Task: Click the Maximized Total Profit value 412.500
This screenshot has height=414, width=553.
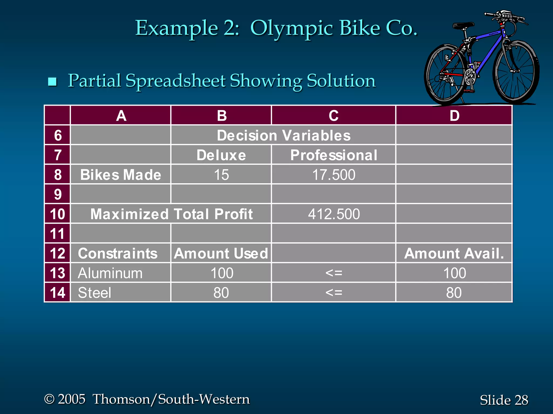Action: coord(334,214)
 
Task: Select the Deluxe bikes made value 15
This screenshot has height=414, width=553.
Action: coord(221,175)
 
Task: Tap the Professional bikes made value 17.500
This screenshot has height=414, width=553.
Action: coord(334,175)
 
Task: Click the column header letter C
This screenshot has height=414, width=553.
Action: coord(334,116)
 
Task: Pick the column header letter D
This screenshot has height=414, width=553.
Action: coord(454,116)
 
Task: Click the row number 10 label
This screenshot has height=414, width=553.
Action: coord(58,214)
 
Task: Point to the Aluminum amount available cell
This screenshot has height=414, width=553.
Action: coord(454,273)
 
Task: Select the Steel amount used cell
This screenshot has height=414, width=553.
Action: coord(221,293)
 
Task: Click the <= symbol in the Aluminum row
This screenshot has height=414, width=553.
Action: coord(334,273)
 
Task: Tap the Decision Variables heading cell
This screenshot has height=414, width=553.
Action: coord(284,135)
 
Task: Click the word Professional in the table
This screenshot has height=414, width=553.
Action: coord(334,155)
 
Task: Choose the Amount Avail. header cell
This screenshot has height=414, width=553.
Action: coord(454,254)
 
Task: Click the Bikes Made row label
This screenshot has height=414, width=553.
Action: coord(121,175)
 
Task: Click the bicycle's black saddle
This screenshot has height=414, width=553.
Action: coord(463,26)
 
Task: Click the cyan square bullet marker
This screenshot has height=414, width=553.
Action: coord(52,81)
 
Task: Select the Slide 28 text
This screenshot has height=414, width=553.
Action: coord(504,400)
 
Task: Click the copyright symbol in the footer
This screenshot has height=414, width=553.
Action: coord(49,399)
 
